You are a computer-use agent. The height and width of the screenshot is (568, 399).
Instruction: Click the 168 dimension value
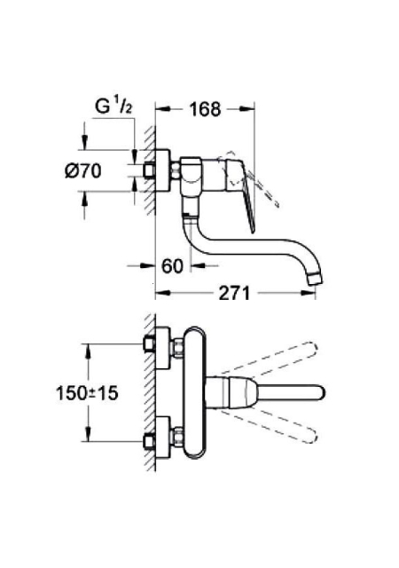pos(205,109)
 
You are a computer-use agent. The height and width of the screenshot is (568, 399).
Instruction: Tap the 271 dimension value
pos(234,293)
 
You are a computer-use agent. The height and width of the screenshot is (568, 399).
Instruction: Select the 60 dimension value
pos(172,266)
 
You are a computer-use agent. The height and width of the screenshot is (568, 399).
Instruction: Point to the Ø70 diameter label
pos(83,170)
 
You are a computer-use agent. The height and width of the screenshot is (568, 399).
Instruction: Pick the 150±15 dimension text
pos(87,393)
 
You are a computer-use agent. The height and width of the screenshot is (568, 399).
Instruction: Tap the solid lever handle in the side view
pos(242,195)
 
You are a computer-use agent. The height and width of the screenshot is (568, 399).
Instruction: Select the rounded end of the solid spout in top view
pos(318,393)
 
